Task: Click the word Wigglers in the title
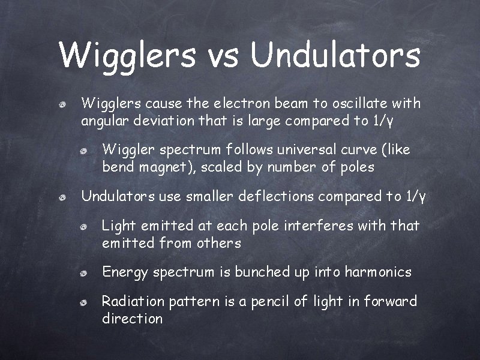tap(127, 56)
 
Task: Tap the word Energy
tap(125, 272)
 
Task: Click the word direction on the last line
tap(133, 319)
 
